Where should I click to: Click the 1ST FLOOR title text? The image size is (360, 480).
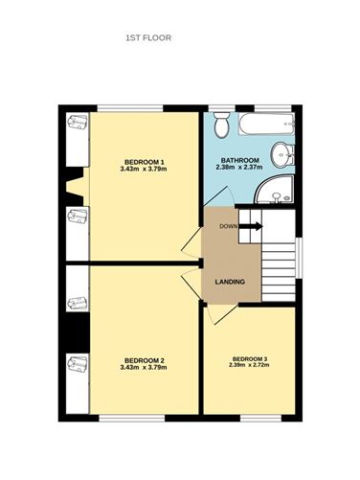148,38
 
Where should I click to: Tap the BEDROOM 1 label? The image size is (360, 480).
144,161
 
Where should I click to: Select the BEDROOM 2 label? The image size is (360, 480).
144,360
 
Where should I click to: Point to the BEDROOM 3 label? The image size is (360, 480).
250,358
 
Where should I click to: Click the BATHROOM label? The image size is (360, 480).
240,160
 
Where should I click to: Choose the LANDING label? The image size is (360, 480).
230,282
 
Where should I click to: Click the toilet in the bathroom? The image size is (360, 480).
221,125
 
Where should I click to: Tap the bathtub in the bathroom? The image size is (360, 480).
266,124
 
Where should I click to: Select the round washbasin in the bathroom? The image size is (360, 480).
282,155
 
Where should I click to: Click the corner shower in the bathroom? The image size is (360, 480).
275,189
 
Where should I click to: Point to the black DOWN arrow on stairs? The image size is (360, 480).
251,226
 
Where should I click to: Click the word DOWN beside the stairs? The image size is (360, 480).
229,226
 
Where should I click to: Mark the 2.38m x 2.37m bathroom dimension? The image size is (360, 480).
239,167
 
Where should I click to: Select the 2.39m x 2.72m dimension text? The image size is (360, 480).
249,365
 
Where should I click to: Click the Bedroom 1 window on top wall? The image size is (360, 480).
130,108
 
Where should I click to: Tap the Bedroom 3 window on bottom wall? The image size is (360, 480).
260,418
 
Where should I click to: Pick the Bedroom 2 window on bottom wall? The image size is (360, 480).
132,418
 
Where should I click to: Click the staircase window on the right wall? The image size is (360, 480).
299,258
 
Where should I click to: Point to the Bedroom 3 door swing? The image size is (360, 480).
221,314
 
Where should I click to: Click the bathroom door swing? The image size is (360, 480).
219,195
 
